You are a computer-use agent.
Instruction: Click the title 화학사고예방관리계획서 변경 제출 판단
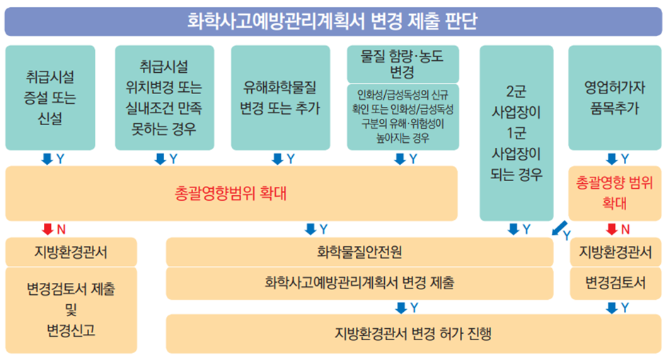[x=332, y=21]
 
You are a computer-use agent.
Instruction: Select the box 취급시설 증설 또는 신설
[x=50, y=98]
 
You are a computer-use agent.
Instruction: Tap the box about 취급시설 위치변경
[x=165, y=98]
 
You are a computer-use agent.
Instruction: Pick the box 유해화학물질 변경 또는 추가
[x=280, y=98]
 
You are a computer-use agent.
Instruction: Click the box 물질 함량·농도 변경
[x=403, y=64]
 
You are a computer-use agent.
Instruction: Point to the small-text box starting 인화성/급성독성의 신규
[x=403, y=117]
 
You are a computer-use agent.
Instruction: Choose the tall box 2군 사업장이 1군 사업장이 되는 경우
[x=516, y=133]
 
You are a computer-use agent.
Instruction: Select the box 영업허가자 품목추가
[x=615, y=98]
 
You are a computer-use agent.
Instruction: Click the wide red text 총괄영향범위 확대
[x=231, y=193]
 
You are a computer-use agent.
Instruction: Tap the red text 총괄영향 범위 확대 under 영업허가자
[x=615, y=193]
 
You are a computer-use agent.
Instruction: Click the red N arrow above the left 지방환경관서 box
[x=47, y=229]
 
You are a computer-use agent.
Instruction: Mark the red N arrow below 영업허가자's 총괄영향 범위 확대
[x=611, y=229]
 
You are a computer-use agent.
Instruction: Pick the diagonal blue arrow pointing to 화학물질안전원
[x=560, y=228]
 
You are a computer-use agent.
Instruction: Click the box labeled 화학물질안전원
[x=359, y=252]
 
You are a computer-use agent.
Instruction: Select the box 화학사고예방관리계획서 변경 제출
[x=359, y=283]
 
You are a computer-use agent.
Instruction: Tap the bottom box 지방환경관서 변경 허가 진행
[x=414, y=334]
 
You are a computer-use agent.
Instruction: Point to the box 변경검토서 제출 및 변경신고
[x=71, y=310]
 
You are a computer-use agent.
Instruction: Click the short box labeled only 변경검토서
[x=615, y=283]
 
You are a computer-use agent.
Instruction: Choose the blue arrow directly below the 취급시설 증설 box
[x=47, y=159]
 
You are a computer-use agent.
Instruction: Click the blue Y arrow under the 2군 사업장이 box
[x=513, y=229]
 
